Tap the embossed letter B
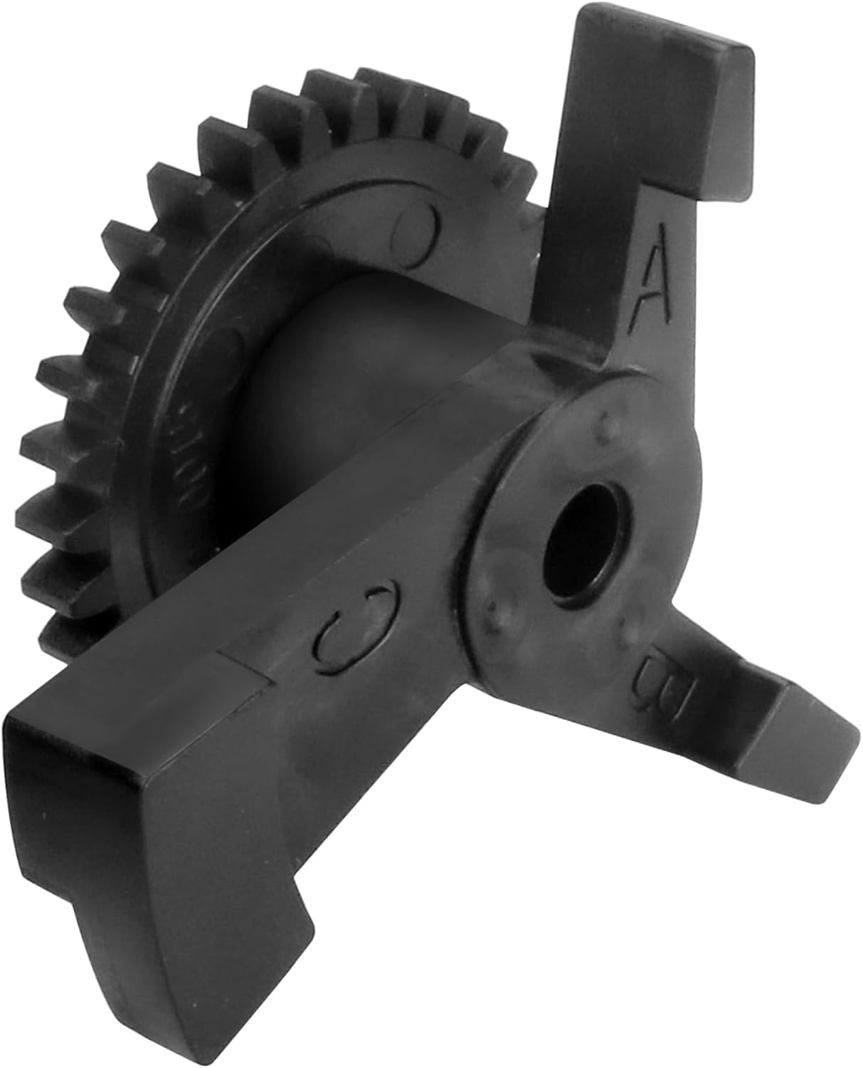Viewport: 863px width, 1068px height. [662, 679]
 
